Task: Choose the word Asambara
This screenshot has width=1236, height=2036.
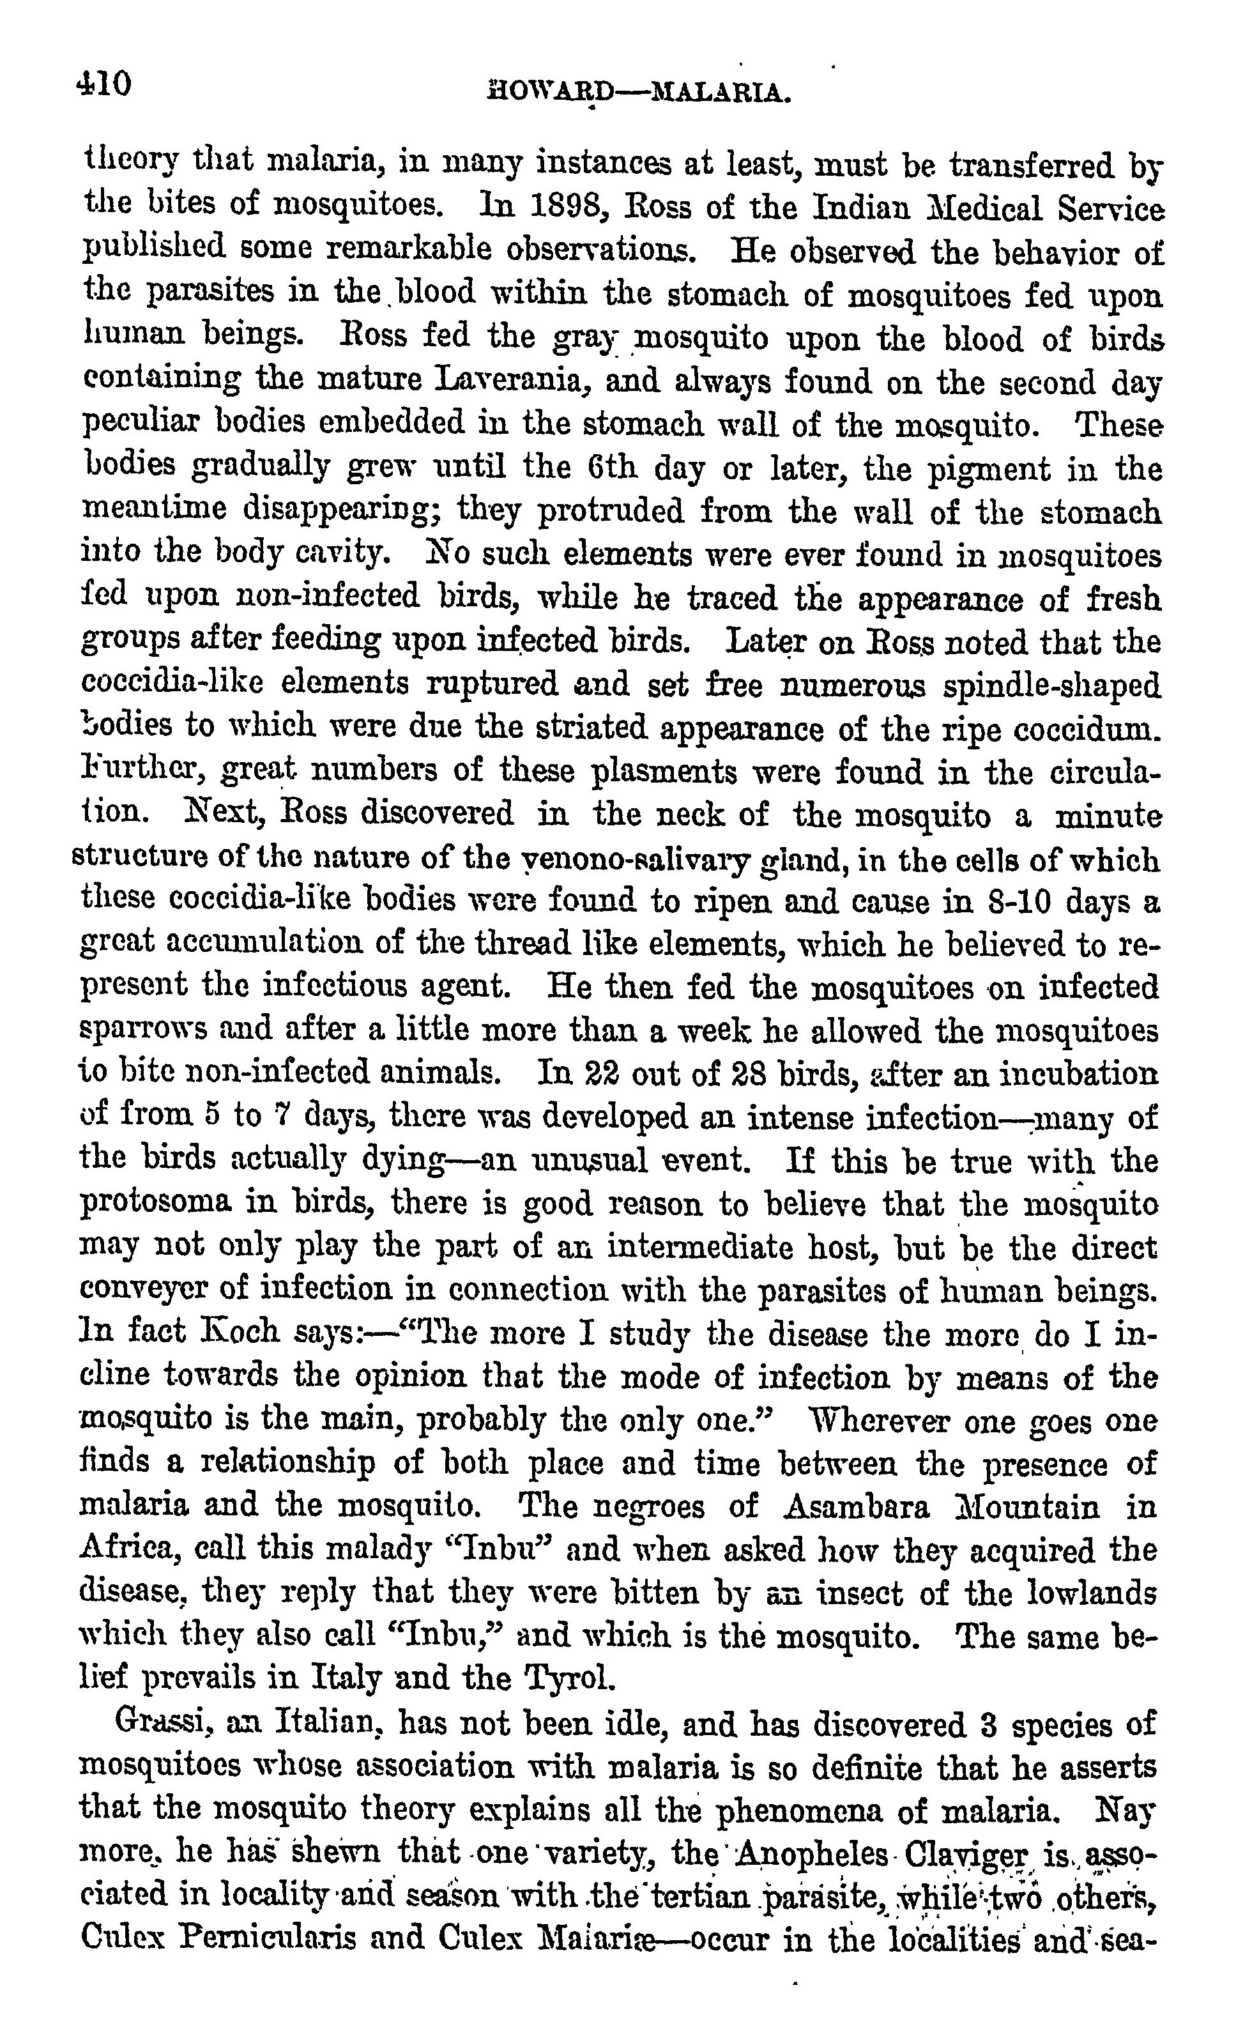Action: point(855,1506)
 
